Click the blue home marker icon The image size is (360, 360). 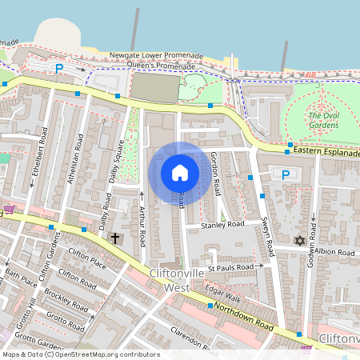coord(180,173)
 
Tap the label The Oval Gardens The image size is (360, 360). coord(324,120)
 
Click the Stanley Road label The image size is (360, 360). coord(222,226)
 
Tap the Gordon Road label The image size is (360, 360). coord(217,174)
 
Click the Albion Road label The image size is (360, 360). coord(334,252)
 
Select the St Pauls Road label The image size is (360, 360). coord(231,267)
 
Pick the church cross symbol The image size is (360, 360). coord(115,238)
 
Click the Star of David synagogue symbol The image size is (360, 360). coord(301,241)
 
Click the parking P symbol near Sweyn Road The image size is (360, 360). coord(286,174)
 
